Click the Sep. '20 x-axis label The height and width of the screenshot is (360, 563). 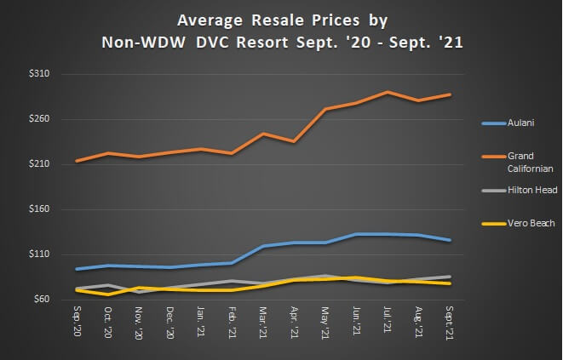click(77, 319)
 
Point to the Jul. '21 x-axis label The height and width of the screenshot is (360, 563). click(388, 321)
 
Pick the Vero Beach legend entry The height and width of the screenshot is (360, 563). click(531, 224)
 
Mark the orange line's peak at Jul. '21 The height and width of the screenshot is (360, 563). click(388, 92)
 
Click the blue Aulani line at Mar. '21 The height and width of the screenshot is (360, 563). click(263, 246)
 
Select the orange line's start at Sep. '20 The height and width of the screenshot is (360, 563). click(77, 161)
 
